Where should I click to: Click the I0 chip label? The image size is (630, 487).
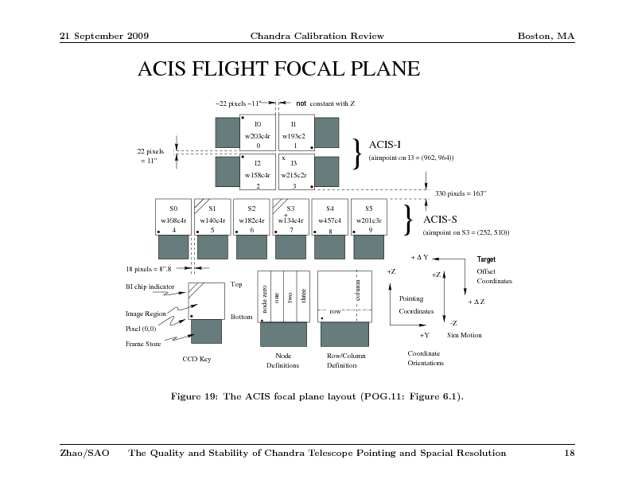pos(258,124)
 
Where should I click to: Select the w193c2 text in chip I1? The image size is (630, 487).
pos(294,136)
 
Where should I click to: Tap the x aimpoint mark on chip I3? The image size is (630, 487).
pos(283,158)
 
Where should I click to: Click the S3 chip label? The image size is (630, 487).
pos(290,208)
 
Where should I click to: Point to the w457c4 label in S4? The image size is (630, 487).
pos(329,220)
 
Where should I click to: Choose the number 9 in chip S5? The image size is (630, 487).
pos(371,230)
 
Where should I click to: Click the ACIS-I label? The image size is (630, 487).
pos(384,145)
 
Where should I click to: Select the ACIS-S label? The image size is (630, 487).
pos(440,220)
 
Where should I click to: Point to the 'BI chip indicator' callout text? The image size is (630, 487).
pos(150,286)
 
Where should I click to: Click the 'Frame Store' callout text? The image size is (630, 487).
pos(143,344)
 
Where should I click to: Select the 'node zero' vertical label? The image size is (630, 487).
pos(264,299)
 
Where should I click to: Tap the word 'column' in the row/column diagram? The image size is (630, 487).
pos(358,290)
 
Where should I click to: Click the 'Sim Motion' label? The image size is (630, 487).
pos(464,335)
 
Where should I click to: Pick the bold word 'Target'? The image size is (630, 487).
pos(486,259)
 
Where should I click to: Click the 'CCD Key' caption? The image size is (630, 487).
pos(196,359)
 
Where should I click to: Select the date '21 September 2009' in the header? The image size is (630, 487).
pos(104,36)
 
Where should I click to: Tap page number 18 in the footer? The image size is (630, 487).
pos(570,454)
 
